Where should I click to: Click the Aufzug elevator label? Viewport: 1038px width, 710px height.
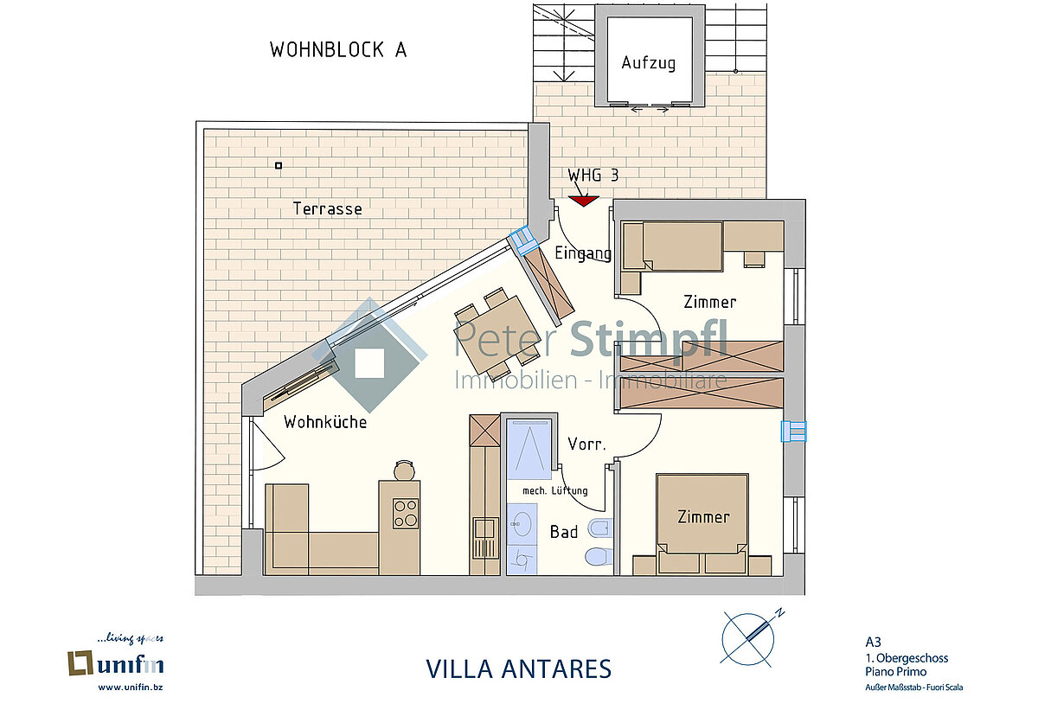click(648, 63)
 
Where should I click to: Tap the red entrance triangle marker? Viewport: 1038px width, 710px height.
click(584, 201)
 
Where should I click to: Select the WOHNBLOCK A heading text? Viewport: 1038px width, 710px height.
click(338, 50)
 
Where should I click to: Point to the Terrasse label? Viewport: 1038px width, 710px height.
click(327, 209)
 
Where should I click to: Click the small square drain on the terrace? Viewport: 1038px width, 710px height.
click(279, 165)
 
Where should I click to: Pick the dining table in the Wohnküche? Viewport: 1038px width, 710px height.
click(497, 331)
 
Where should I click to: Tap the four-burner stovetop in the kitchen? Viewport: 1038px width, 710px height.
click(406, 514)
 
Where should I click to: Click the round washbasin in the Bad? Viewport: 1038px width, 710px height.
click(522, 525)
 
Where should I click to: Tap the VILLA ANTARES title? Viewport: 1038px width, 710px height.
click(518, 669)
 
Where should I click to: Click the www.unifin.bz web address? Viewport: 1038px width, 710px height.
click(131, 688)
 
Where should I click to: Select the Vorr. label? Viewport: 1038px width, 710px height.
click(586, 445)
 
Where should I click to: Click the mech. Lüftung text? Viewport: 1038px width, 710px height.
click(555, 490)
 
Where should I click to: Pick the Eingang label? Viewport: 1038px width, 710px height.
click(583, 253)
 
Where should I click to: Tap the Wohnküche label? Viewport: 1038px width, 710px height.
click(325, 422)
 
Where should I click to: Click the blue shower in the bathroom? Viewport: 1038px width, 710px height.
click(529, 449)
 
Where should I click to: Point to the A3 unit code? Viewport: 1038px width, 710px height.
click(873, 642)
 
